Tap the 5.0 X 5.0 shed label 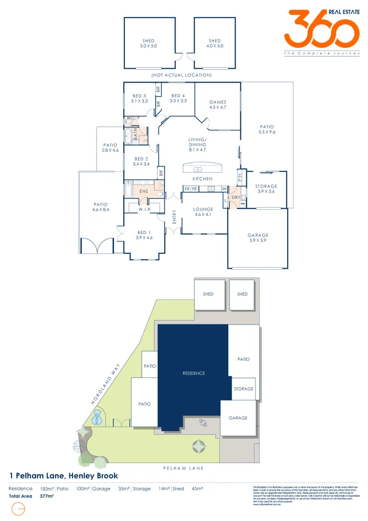click(149, 44)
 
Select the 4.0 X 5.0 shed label click(215, 44)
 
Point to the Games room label click(218, 105)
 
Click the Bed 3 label click(140, 98)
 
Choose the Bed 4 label click(178, 98)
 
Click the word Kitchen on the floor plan click(202, 179)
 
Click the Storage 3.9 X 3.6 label click(266, 189)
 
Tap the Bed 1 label click(144, 235)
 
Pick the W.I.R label click(144, 209)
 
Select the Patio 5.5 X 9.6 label click(267, 129)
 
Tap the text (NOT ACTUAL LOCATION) click(182, 75)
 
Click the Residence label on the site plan click(194, 373)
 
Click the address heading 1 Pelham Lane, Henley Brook click(63, 475)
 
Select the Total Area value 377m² click(46, 496)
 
